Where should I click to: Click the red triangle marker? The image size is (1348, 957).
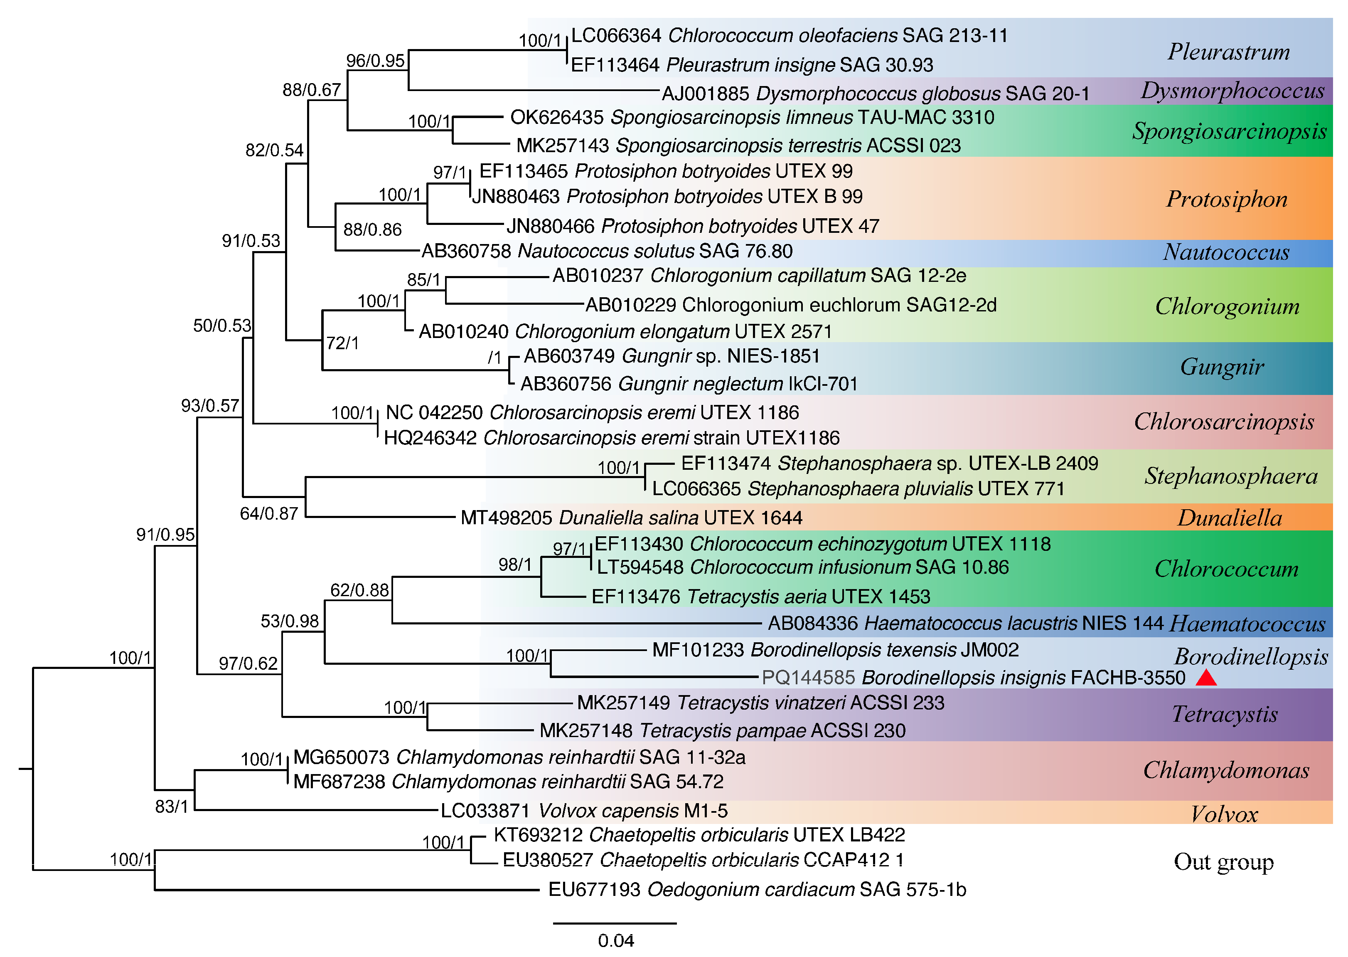tap(1205, 679)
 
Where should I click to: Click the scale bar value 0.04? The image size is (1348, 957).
tap(615, 940)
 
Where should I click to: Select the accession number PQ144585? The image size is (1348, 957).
tap(807, 678)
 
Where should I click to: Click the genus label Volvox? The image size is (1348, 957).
tap(1223, 814)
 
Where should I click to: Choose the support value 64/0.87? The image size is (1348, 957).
tap(268, 514)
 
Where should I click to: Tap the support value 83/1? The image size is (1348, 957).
tap(171, 806)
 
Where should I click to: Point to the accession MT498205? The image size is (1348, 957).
tap(506, 518)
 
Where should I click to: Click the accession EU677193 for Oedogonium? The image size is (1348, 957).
tap(594, 889)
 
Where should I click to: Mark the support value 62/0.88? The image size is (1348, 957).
tap(359, 590)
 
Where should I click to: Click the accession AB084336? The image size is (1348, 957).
tap(813, 624)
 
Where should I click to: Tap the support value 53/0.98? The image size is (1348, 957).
tap(289, 621)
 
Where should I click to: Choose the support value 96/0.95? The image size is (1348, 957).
tap(375, 61)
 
